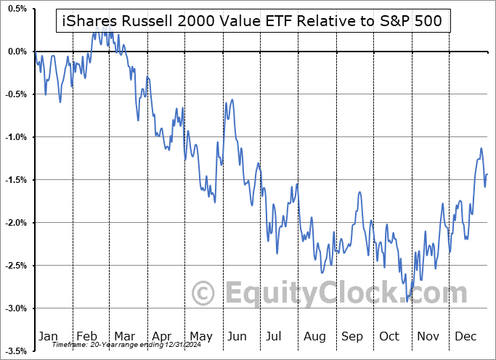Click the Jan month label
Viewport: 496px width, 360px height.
48,336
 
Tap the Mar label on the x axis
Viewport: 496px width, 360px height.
123,336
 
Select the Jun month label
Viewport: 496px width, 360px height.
237,336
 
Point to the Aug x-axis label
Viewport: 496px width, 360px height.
314,336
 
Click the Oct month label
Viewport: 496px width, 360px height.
390,336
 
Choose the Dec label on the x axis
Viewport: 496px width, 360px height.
465,336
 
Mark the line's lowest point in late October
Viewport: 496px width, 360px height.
408,299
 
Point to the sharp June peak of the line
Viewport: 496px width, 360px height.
232,99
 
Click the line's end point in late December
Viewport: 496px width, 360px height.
487,174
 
